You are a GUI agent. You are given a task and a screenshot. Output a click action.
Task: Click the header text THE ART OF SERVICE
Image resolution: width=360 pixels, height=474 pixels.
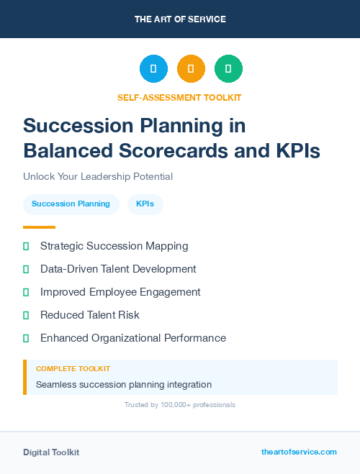[180, 19]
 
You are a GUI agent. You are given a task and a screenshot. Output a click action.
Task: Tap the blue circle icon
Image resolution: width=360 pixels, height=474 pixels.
[153, 69]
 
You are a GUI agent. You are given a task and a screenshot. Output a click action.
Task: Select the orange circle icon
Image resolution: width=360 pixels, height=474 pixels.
[191, 69]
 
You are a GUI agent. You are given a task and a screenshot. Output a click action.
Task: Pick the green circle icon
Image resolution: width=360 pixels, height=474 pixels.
[228, 69]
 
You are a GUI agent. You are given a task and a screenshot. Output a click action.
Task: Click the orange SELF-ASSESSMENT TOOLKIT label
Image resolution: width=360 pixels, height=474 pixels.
[179, 97]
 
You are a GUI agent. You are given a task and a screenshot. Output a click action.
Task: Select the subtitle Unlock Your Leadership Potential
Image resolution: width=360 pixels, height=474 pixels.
[98, 176]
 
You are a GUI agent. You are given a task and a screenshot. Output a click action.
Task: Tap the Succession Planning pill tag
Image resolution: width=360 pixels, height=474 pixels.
[71, 204]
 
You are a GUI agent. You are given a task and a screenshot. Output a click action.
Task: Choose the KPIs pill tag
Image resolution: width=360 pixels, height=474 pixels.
[145, 204]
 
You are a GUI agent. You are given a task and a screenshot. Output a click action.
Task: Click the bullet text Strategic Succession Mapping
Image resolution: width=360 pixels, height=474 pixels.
[114, 246]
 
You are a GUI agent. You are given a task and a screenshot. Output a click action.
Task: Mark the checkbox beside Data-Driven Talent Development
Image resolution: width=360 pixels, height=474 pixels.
[26, 269]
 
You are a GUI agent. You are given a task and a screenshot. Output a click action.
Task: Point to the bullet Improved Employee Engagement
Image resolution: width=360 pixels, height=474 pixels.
[120, 292]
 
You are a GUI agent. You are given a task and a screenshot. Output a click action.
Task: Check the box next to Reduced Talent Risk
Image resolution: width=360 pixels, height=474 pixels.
[26, 315]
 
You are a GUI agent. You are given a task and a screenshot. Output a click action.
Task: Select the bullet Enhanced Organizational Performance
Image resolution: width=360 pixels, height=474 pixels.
[133, 338]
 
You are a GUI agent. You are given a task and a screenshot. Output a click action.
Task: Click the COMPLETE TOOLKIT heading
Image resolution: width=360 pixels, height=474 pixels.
[73, 368]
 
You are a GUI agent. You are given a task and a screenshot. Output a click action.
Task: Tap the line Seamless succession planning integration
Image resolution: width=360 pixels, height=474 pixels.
[124, 385]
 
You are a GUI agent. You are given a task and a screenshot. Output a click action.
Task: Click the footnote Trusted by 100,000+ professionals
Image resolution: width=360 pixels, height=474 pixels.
[179, 405]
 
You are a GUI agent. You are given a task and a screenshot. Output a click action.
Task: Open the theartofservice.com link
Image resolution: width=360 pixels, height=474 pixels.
[299, 452]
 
